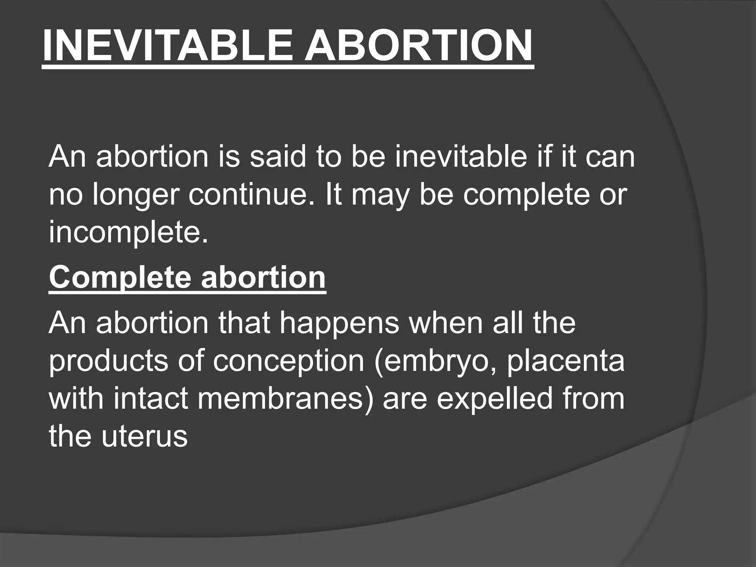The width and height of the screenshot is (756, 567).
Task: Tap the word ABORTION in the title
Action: pos(418,46)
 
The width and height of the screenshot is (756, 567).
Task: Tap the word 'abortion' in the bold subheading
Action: pos(263,277)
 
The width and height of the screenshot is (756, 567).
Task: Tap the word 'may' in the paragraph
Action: pos(380,196)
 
